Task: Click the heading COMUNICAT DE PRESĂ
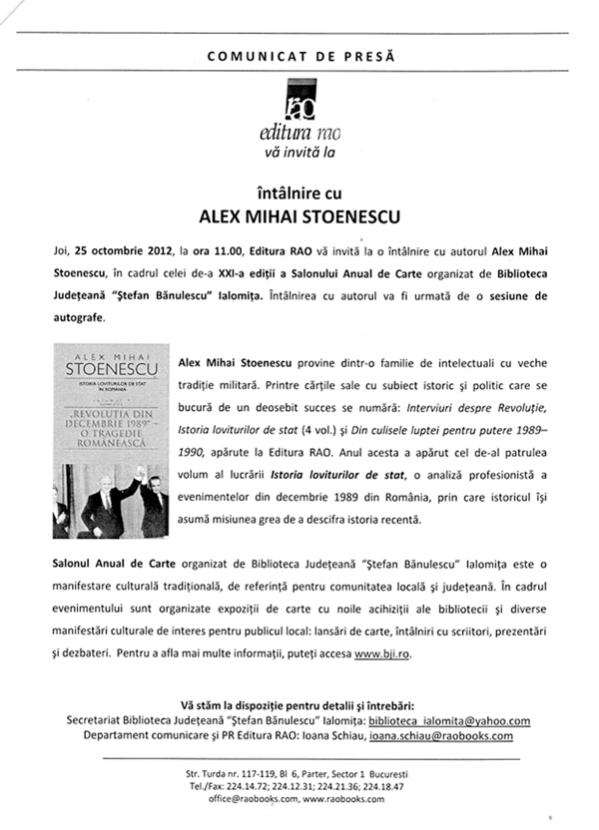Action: coord(299,57)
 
